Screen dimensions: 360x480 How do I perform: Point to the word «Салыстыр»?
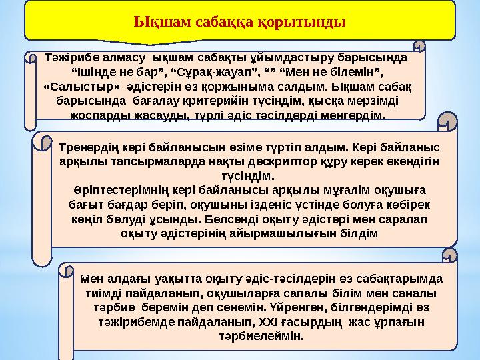[x=81, y=87]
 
